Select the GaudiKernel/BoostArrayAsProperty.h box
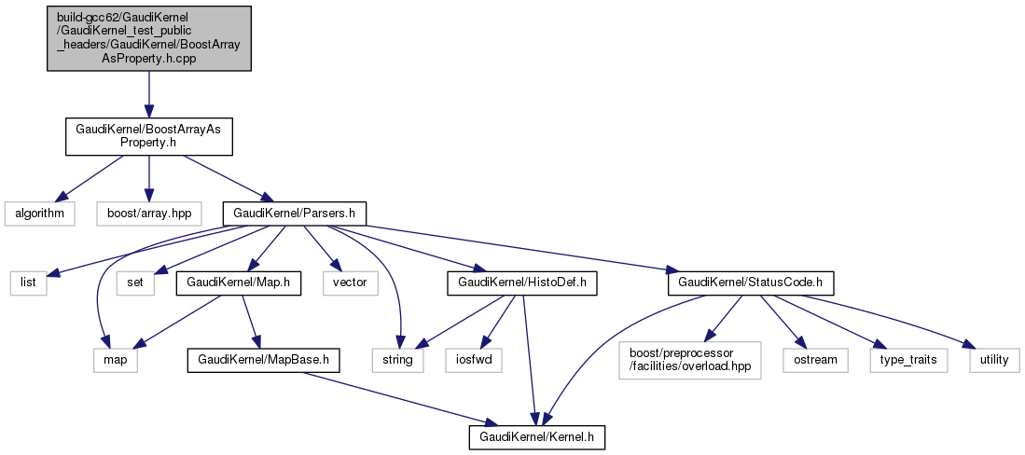tap(149, 136)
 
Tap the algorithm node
tap(38, 213)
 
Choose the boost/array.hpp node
tap(149, 213)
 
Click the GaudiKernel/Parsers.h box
tap(294, 213)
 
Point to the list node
tap(28, 280)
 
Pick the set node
tap(133, 280)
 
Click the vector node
tap(345, 280)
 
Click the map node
tap(115, 359)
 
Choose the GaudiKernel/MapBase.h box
tap(263, 359)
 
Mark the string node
tap(398, 359)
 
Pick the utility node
tap(994, 359)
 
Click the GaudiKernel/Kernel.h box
tap(543, 435)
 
